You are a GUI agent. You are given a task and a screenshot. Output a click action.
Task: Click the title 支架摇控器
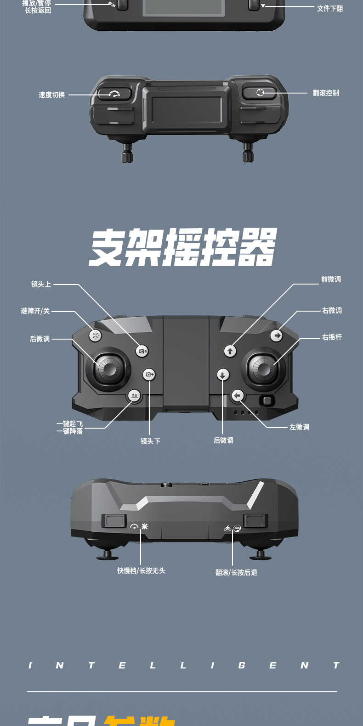[x=183, y=247]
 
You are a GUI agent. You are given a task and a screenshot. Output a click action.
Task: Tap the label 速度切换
[x=51, y=95]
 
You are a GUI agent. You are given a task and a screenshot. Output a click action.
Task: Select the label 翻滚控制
[x=326, y=93]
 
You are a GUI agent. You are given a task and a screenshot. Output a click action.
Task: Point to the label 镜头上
[x=41, y=285]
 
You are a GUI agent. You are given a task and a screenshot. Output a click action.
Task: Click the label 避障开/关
[x=35, y=311]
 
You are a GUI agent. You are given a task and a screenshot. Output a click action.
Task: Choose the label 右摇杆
[x=332, y=337]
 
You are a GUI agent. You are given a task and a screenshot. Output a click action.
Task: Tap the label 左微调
[x=299, y=427]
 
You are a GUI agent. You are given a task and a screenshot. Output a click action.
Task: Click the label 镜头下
[x=150, y=441]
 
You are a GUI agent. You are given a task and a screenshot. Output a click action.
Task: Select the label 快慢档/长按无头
[x=141, y=571]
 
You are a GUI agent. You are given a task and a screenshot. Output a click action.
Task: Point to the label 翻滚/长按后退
[x=236, y=573]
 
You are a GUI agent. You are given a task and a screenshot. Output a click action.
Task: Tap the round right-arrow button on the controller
[x=276, y=336]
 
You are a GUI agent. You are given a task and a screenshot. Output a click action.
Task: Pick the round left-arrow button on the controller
[x=237, y=396]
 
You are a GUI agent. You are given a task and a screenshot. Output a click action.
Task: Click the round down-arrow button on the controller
[x=223, y=375]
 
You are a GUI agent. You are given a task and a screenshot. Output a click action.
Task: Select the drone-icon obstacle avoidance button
[x=95, y=336]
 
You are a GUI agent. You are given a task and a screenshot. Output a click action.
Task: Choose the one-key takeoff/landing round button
[x=134, y=396]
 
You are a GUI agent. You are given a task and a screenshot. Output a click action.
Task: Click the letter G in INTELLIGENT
[x=242, y=665]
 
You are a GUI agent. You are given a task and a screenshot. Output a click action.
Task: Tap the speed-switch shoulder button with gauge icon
[x=114, y=94]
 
